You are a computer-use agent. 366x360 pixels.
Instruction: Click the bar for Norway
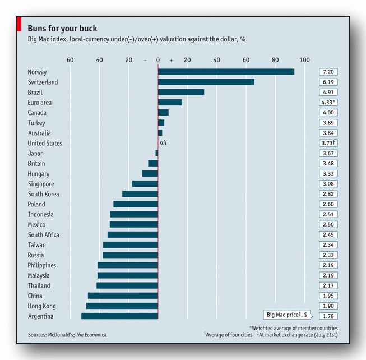point(226,72)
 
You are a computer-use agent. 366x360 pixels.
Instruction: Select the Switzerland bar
point(206,82)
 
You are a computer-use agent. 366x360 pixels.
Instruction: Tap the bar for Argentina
point(119,316)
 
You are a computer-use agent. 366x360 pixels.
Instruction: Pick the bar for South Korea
point(140,194)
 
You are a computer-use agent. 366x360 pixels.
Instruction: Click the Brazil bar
point(180,92)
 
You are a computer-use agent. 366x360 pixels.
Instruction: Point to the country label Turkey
point(36,123)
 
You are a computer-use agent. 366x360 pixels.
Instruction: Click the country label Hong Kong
point(41,306)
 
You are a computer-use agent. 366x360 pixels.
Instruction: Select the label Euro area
point(40,103)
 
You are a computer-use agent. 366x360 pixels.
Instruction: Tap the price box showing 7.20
point(328,72)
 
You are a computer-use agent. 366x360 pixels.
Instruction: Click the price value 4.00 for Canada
point(328,113)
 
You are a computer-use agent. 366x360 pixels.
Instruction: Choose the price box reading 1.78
point(328,316)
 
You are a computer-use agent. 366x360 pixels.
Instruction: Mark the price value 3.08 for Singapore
point(328,184)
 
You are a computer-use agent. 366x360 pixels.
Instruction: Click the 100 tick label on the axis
point(304,60)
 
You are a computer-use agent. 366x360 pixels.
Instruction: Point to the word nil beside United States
point(163,143)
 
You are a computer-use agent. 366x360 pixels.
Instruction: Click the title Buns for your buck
point(62,28)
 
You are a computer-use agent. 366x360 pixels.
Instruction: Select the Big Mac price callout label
point(286,315)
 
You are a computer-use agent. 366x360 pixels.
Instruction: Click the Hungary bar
point(150,174)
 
